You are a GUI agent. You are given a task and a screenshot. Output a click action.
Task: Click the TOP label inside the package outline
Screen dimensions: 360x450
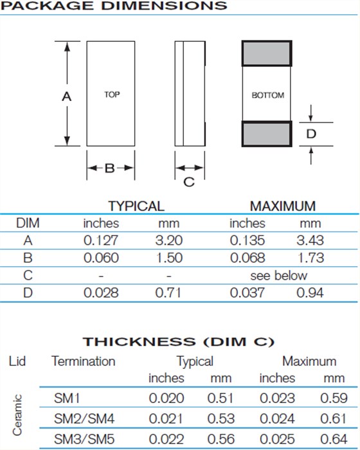click(112, 94)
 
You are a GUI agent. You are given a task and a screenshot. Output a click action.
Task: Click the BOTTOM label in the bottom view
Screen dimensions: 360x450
click(268, 95)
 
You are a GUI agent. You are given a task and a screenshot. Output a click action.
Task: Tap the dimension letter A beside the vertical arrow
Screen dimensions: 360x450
click(67, 96)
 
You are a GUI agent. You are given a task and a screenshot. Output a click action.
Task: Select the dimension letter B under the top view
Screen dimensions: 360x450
click(110, 168)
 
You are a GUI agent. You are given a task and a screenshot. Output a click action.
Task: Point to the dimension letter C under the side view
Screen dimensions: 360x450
click(189, 182)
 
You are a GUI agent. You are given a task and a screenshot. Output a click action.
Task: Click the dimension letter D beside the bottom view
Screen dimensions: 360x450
click(311, 134)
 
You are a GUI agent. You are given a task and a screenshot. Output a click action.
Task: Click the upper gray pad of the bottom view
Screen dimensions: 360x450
click(267, 53)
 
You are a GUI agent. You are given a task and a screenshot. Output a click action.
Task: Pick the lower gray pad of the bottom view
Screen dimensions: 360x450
click(267, 134)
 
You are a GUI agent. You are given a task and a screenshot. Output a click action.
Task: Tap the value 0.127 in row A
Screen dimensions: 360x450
click(101, 240)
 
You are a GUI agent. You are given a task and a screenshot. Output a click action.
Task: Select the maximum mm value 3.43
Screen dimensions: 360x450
click(310, 240)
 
